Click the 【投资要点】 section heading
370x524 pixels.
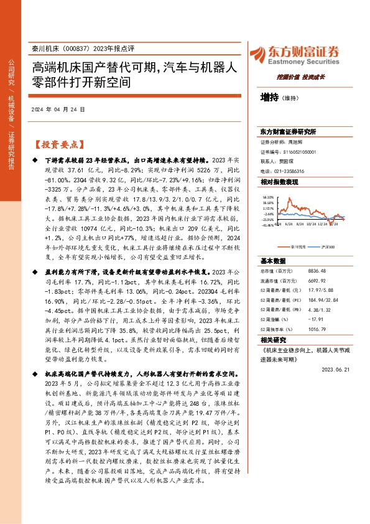[58, 144]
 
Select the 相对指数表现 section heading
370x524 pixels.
[280, 181]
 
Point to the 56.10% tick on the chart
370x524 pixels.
[269, 195]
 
